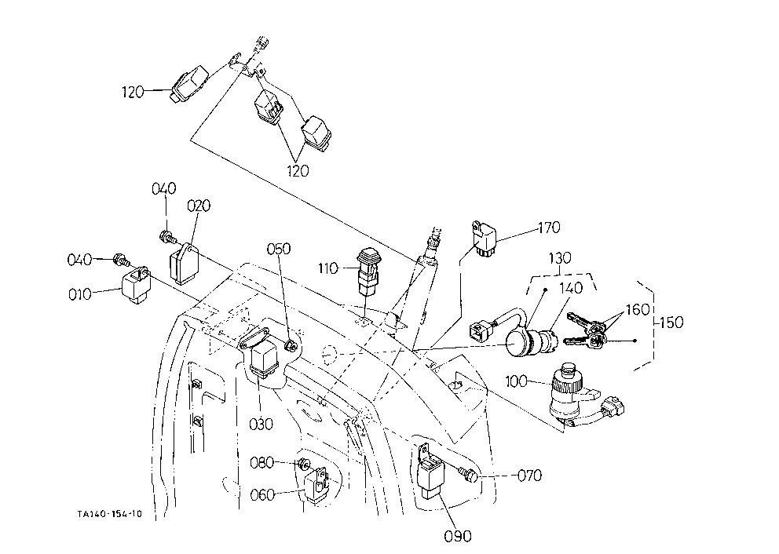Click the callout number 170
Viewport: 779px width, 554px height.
pyautogui.click(x=549, y=228)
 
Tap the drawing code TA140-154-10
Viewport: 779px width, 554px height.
pyautogui.click(x=109, y=514)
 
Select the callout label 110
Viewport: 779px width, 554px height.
pyautogui.click(x=328, y=268)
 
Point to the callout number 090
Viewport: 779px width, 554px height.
pyautogui.click(x=458, y=536)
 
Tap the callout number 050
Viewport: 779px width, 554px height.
pyautogui.click(x=279, y=249)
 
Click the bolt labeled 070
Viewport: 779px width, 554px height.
pyautogui.click(x=467, y=475)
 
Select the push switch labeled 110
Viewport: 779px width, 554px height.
pyautogui.click(x=367, y=275)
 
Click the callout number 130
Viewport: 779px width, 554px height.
pyautogui.click(x=560, y=258)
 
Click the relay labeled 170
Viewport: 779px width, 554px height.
pyautogui.click(x=484, y=239)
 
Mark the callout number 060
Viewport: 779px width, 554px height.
pyautogui.click(x=262, y=495)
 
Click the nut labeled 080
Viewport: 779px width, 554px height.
pyautogui.click(x=301, y=465)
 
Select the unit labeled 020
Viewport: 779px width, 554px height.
pyautogui.click(x=185, y=264)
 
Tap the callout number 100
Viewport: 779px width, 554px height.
pyautogui.click(x=516, y=381)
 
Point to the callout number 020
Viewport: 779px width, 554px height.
pyautogui.click(x=199, y=206)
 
